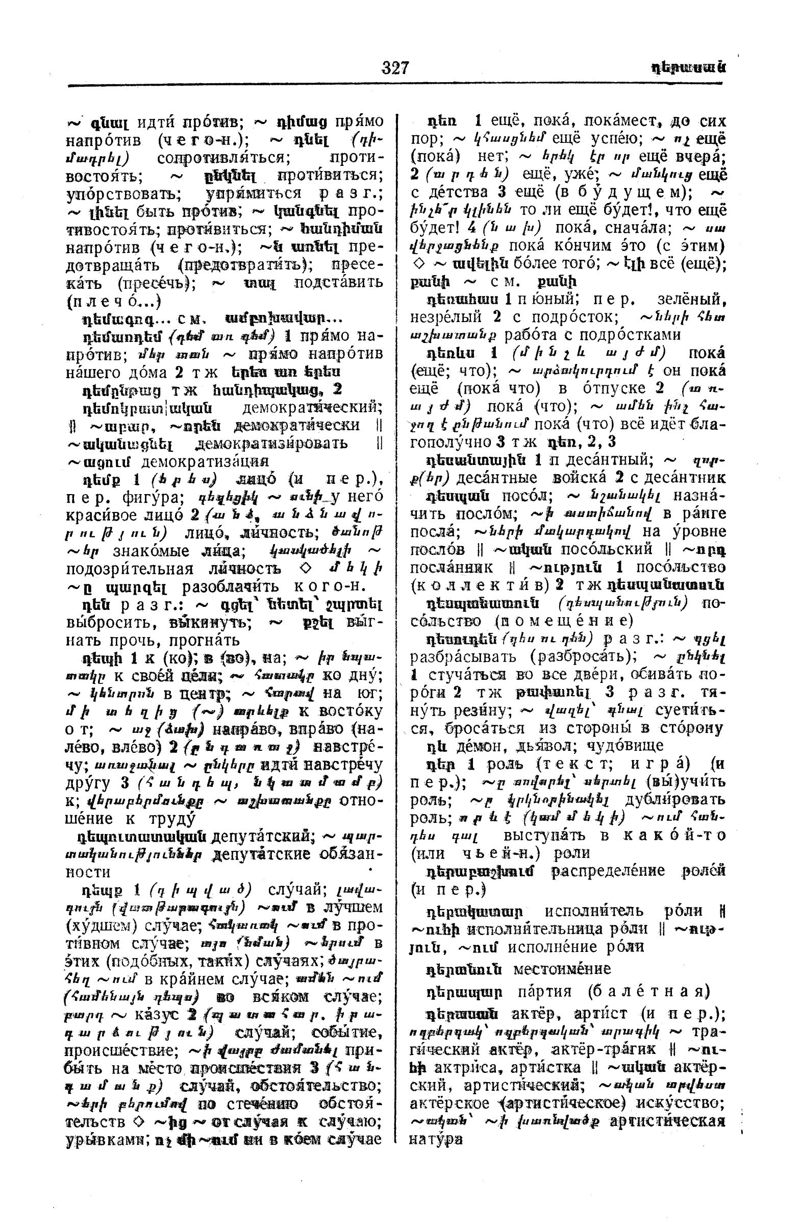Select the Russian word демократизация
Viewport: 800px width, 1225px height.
pos(205,461)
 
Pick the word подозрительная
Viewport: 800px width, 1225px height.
pos(130,569)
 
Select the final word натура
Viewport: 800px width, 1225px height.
pos(436,1139)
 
